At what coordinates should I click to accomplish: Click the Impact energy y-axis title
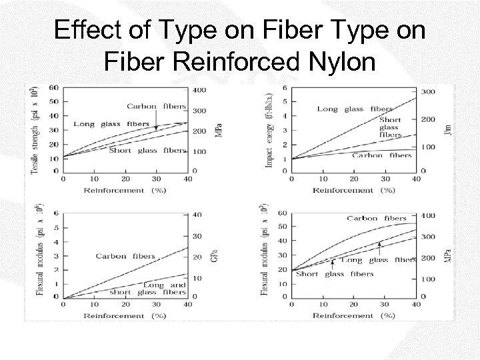click(269, 129)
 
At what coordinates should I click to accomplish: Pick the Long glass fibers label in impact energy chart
click(355, 109)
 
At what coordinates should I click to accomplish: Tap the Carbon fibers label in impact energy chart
click(381, 155)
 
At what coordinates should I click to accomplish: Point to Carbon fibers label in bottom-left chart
click(125, 256)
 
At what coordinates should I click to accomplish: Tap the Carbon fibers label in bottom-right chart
click(377, 218)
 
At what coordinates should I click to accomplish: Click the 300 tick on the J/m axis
click(428, 91)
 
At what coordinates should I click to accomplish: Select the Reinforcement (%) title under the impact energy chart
click(353, 190)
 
